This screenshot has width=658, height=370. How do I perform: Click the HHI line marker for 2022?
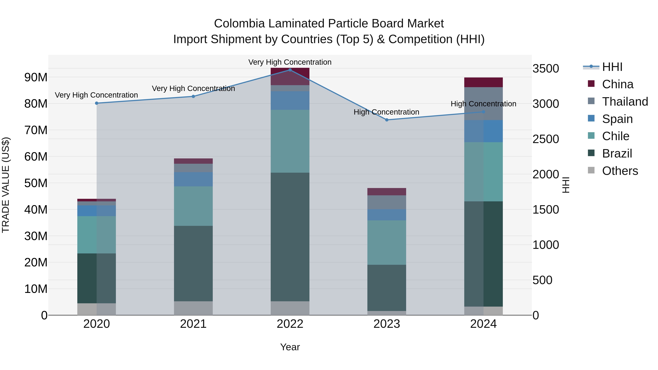pyautogui.click(x=290, y=70)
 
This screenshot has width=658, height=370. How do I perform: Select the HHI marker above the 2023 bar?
pyautogui.click(x=387, y=120)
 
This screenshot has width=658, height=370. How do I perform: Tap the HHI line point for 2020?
pyautogui.click(x=97, y=103)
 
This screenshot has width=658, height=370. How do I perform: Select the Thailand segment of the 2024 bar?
pyautogui.click(x=483, y=103)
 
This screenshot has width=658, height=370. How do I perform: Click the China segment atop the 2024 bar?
pyautogui.click(x=483, y=82)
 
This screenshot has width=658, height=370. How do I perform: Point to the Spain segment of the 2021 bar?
pyautogui.click(x=193, y=179)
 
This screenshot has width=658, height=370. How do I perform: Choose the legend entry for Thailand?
pyautogui.click(x=625, y=102)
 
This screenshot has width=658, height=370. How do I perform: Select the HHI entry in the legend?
pyautogui.click(x=612, y=67)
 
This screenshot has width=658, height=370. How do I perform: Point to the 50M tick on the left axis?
pyautogui.click(x=36, y=183)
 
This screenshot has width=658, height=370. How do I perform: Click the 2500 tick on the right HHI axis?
pyautogui.click(x=546, y=139)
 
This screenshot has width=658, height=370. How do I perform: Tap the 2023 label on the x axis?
pyautogui.click(x=387, y=324)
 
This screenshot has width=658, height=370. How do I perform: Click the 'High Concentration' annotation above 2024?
pyautogui.click(x=483, y=104)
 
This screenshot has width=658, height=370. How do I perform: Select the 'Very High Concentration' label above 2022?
pyautogui.click(x=290, y=62)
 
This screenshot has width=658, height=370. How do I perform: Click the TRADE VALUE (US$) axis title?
pyautogui.click(x=6, y=185)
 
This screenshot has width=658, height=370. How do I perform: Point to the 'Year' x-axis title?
pyautogui.click(x=290, y=347)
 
